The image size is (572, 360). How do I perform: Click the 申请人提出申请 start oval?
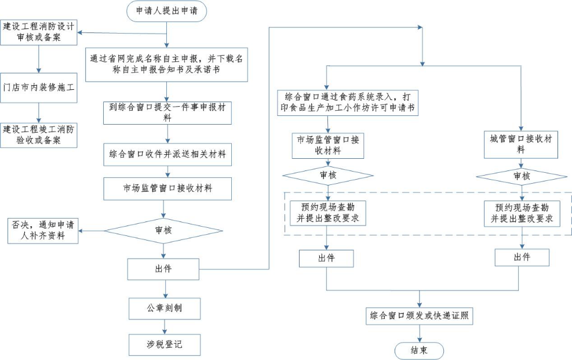point(166,11)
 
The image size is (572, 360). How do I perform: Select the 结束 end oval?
point(419,350)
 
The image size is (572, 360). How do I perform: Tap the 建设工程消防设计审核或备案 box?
point(39,32)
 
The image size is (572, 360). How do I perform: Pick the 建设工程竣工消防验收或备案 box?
point(39,134)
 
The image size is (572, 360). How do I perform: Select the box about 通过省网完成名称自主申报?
point(166,64)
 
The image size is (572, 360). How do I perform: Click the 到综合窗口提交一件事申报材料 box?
point(167,112)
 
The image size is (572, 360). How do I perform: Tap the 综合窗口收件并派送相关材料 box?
point(167,155)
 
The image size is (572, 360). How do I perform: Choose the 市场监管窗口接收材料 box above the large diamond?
point(167,188)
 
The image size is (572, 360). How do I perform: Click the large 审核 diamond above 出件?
point(163,230)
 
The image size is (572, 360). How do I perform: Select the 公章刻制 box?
point(165,308)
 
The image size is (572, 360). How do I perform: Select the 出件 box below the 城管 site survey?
point(522,257)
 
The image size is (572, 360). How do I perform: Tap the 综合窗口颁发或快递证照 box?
point(420,316)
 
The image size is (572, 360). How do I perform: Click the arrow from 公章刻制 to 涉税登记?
point(165,326)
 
